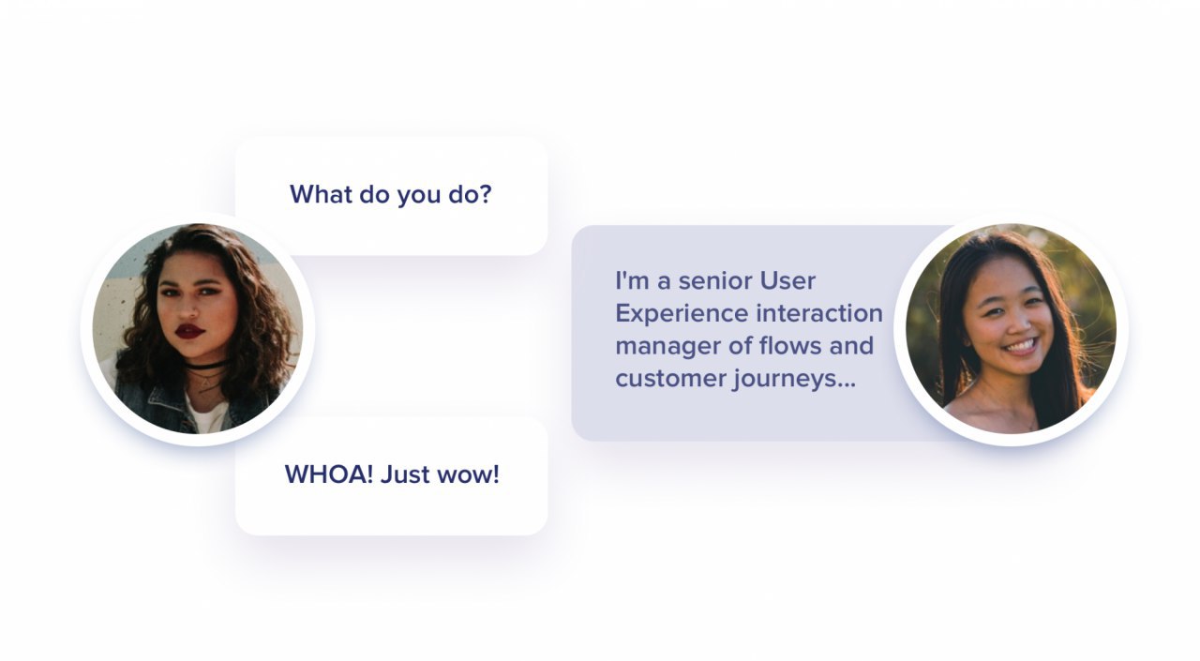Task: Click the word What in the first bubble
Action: tap(321, 194)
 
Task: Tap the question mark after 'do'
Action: tap(485, 194)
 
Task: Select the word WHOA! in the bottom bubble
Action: tap(329, 474)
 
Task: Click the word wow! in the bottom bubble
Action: tap(468, 474)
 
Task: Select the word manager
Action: tap(668, 347)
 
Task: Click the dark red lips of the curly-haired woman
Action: tap(190, 331)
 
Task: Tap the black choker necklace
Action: tap(205, 367)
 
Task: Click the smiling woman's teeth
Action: tap(1022, 345)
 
